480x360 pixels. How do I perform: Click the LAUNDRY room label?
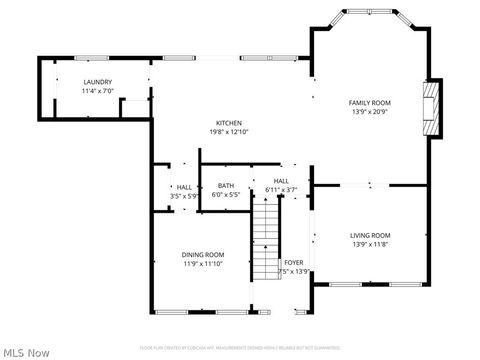98,82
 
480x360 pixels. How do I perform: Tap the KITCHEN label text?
229,123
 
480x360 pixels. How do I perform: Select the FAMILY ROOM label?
369,103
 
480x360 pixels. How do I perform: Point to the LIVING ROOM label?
369,235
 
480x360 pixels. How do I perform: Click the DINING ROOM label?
202,255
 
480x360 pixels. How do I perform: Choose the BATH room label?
226,186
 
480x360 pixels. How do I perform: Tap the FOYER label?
293,262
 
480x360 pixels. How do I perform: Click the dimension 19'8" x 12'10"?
229,132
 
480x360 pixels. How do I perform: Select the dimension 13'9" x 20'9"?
369,112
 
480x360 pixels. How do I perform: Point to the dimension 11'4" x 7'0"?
98,91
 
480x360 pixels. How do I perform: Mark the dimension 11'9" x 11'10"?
202,264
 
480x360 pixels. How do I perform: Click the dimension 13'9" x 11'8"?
369,244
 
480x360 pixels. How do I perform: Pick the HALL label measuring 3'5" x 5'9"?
184,187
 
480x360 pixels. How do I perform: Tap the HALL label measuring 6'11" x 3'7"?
281,181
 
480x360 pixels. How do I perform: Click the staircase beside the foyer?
264,240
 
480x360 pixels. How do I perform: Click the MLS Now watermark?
27,351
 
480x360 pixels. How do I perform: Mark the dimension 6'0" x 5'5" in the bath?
226,195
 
